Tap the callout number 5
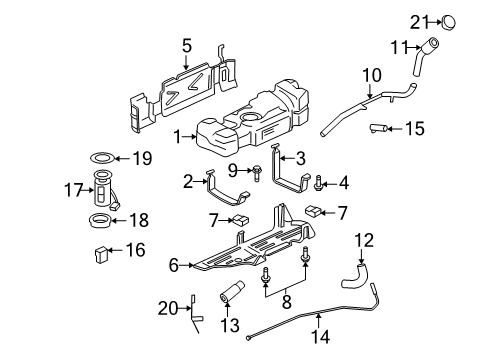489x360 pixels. [186, 44]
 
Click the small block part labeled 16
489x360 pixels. [100, 250]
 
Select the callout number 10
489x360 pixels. [372, 74]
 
